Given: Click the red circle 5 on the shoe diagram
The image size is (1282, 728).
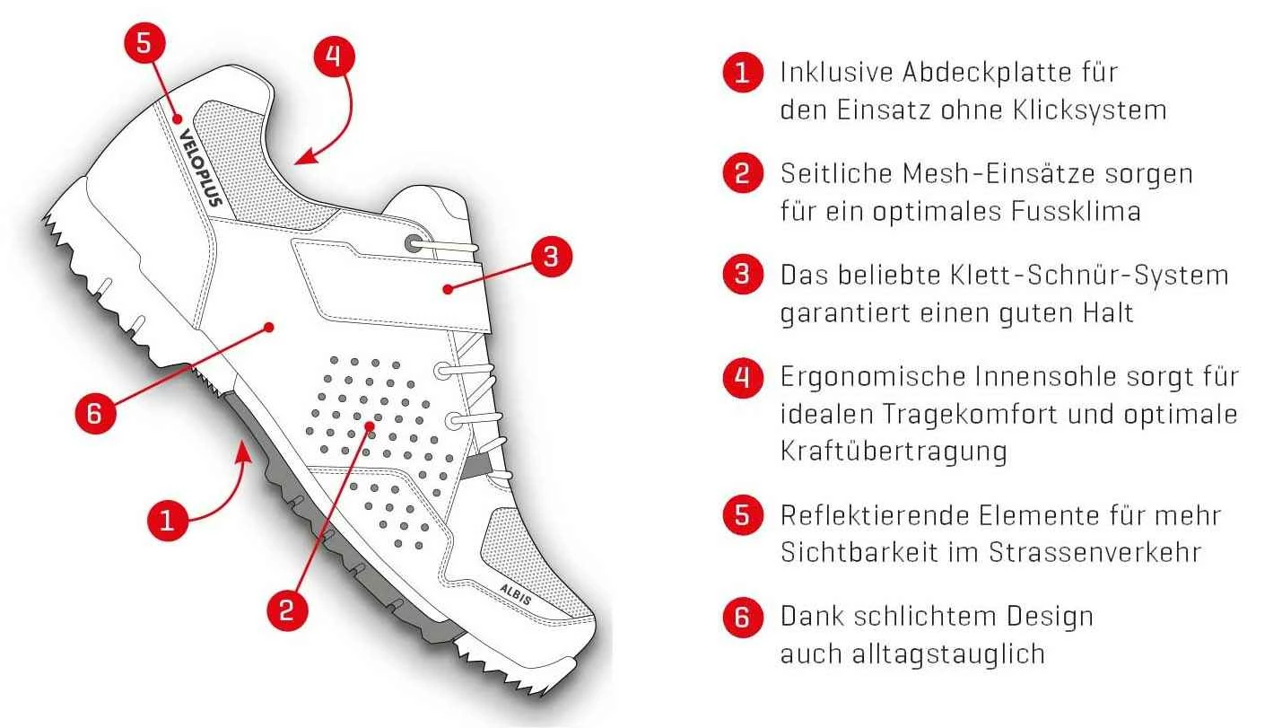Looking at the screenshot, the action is (144, 43).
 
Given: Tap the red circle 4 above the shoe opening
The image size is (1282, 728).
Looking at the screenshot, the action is (335, 57).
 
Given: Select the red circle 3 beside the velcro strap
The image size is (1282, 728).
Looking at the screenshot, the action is (551, 256).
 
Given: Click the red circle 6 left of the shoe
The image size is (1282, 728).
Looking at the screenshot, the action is (96, 412).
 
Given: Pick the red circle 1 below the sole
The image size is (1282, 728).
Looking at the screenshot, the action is (167, 520).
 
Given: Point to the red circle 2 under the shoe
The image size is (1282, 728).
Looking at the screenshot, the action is (287, 610).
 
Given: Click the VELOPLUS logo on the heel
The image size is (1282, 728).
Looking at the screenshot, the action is (200, 167).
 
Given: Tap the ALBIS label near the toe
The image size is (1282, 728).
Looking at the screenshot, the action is (516, 595).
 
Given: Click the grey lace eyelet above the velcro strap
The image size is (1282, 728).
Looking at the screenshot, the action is (414, 243).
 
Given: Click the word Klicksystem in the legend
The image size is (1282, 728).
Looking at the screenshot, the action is (1090, 110).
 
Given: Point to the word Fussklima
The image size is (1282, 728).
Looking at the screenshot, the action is (1076, 211).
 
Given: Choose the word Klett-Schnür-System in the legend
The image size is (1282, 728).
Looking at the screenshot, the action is (1090, 275).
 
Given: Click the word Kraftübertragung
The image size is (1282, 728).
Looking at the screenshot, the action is (894, 452).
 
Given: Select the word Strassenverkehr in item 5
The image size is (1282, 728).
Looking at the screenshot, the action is (1094, 552).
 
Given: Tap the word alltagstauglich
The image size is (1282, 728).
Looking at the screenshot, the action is (949, 654).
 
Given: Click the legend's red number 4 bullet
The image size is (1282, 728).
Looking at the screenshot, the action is (742, 377).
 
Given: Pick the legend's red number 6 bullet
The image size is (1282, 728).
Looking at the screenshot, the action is (742, 617).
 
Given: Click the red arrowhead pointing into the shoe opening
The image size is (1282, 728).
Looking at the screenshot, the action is (306, 156).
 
